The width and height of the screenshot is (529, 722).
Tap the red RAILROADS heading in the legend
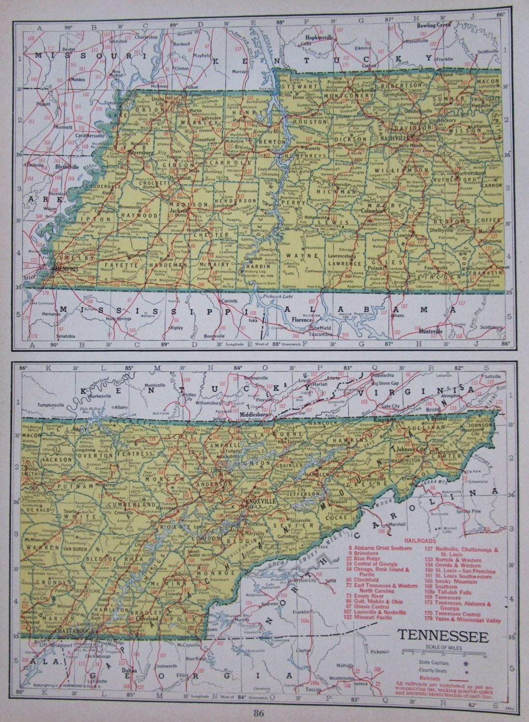419,541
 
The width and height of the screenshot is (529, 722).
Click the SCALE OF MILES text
442,647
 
